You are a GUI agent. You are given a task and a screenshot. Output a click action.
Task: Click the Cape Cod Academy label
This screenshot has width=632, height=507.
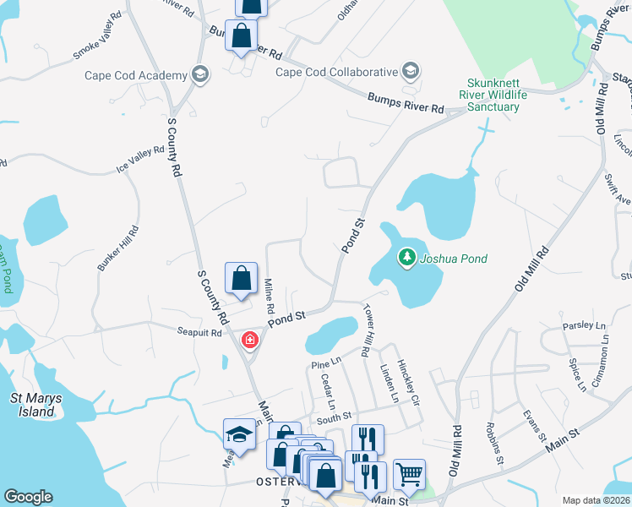click(x=135, y=75)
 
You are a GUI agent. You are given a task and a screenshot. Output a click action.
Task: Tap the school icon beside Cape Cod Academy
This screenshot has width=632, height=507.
click(x=199, y=75)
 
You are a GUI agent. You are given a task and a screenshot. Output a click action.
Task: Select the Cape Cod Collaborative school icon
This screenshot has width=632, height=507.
click(x=411, y=71)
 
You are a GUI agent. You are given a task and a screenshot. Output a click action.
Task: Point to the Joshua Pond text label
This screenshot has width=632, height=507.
click(x=454, y=259)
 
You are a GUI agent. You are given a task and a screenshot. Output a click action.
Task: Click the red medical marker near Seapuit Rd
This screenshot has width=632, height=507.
click(x=249, y=340)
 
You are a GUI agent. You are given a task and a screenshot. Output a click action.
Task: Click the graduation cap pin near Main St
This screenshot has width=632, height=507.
click(x=239, y=435)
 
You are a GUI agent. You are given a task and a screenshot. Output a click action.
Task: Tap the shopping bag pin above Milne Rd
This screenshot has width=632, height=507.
click(x=241, y=278)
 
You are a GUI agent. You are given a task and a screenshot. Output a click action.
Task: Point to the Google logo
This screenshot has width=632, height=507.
click(x=28, y=497)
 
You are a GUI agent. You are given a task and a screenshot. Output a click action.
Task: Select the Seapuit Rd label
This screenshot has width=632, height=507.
click(x=199, y=331)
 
